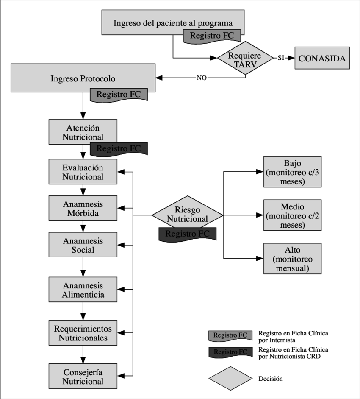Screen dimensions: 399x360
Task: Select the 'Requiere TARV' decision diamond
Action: coord(245,59)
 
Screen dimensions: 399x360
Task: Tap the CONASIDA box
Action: coord(322,59)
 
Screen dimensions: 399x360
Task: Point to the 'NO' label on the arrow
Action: coord(202,78)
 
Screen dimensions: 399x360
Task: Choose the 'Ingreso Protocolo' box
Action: coord(83,78)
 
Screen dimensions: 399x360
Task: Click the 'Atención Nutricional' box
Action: coord(83,132)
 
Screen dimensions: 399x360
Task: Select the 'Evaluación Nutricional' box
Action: coord(83,172)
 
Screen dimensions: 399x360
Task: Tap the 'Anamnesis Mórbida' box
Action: coord(83,208)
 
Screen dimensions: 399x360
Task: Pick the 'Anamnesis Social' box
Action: coord(83,245)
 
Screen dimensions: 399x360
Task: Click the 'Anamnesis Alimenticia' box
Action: coord(83,290)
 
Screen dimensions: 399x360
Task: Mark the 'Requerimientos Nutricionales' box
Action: coord(83,333)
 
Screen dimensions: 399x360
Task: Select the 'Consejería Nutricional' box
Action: coord(83,376)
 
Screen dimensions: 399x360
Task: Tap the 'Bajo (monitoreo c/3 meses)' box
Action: coord(292,172)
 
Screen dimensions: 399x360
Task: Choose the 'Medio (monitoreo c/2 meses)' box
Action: coord(292,215)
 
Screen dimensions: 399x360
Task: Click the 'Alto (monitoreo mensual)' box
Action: coord(292,259)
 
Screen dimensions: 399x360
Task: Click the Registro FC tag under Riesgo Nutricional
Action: coord(187,234)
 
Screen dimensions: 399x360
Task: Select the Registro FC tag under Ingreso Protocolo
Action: coord(118,95)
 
